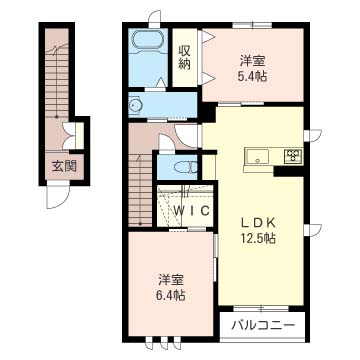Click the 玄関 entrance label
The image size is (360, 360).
coord(64,165)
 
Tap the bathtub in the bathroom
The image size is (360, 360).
coord(147,40)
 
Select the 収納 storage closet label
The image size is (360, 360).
coord(184,57)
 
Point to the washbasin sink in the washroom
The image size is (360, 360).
coord(136,106)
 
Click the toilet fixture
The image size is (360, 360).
coord(187,167)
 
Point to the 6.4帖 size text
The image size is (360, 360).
coord(171,296)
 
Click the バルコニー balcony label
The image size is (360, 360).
coord(263,325)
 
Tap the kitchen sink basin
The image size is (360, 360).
coord(257,156)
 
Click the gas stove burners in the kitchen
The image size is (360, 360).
coord(293,156)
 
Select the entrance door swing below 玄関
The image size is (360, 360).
coord(58,197)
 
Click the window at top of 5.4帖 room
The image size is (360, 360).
coord(252,25)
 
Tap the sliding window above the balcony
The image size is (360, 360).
coord(261,309)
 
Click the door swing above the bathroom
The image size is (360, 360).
coord(155,19)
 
